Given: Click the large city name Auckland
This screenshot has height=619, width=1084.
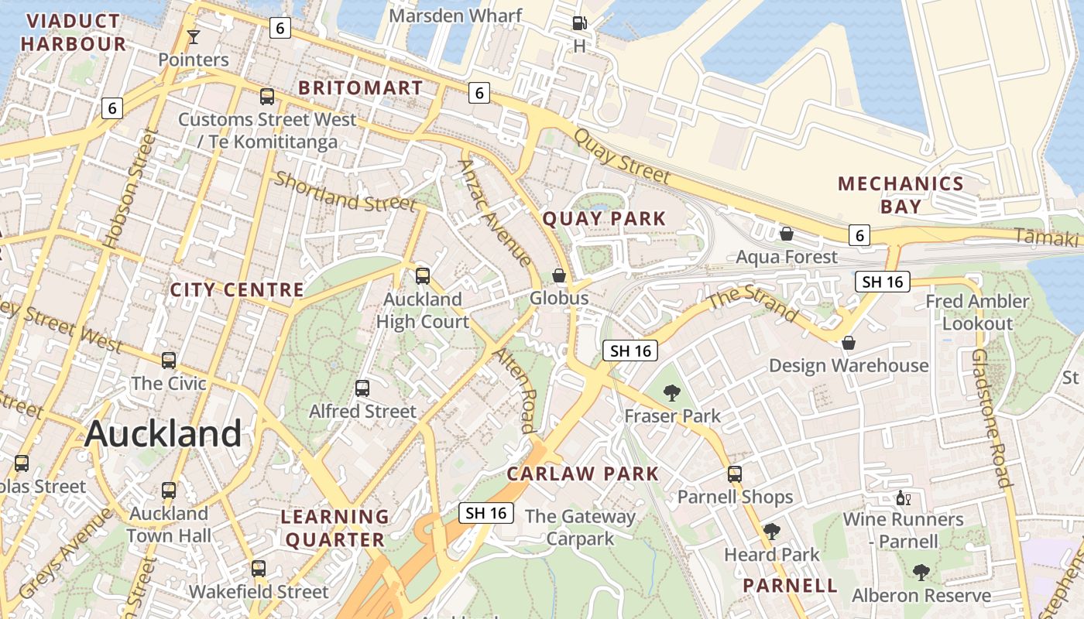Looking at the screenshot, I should tap(163, 433).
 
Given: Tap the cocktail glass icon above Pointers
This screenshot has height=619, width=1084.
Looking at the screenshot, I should tap(193, 36).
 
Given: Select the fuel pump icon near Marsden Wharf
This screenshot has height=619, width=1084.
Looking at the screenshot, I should tap(579, 23).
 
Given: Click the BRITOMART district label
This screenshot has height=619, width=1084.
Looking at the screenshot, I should tap(361, 88).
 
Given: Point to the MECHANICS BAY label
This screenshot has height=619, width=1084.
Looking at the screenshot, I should tap(900, 195).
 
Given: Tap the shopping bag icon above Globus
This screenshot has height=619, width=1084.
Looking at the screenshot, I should tap(559, 275).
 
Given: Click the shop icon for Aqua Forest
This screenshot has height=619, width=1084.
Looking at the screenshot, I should tap(787, 234).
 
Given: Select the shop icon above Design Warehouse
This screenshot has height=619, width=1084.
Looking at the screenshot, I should tap(849, 343).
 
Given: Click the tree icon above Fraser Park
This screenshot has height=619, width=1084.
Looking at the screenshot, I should tap(672, 393).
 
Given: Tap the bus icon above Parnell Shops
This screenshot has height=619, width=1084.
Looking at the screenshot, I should tap(735, 474).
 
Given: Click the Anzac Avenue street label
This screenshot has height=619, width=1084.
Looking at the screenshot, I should tap(495, 213).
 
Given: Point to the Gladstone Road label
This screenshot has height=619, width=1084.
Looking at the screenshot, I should tap(991, 418).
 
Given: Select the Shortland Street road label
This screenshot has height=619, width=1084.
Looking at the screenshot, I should tap(345, 192).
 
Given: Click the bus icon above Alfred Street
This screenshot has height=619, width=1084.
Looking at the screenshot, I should tap(362, 388).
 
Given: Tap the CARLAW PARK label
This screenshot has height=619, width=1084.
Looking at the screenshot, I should tap(582, 474).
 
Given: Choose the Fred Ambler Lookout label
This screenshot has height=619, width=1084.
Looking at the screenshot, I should tap(977, 312).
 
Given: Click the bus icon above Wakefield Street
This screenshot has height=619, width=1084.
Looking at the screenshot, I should tap(259, 569).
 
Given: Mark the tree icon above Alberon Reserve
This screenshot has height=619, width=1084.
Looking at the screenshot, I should tap(921, 573).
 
